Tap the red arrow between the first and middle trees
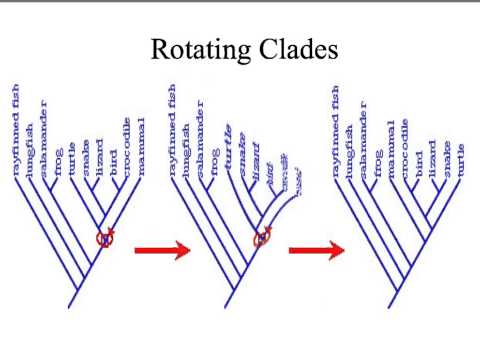pos(161,250)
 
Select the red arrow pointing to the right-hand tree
pos(316,249)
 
